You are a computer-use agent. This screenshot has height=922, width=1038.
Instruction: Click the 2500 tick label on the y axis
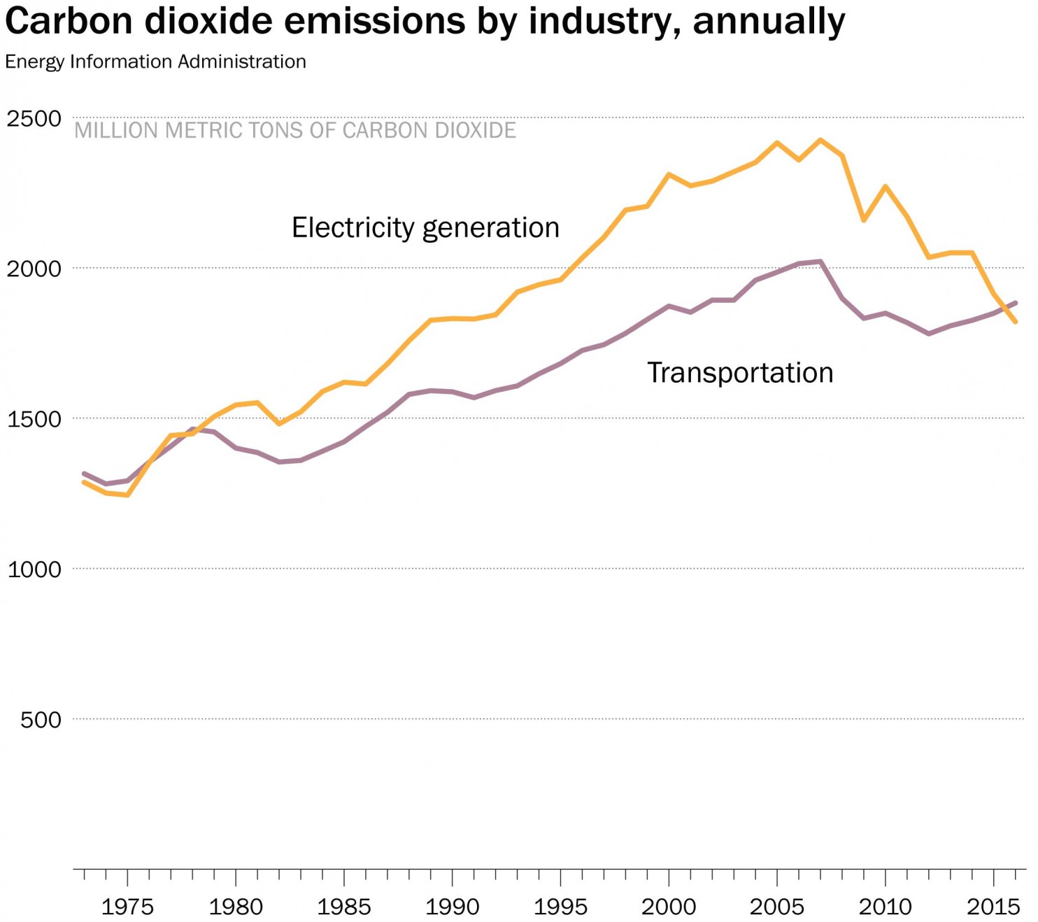click(x=34, y=119)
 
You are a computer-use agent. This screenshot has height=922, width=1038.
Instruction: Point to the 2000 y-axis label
click(x=34, y=269)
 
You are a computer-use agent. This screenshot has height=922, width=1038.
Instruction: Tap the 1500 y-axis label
click(x=34, y=420)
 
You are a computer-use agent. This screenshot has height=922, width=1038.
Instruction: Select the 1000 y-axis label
click(x=34, y=569)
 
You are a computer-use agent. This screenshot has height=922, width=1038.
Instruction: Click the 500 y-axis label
click(x=41, y=720)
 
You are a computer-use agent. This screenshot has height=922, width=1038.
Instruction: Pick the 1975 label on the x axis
click(x=127, y=907)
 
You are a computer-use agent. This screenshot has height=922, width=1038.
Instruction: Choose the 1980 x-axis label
click(x=236, y=907)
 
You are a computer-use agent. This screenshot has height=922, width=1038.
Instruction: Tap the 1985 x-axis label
click(x=344, y=907)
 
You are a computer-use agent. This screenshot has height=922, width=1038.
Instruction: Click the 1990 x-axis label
click(x=453, y=907)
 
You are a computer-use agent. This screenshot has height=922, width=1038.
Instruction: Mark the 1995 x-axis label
click(x=560, y=907)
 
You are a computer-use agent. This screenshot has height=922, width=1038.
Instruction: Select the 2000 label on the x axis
click(x=669, y=907)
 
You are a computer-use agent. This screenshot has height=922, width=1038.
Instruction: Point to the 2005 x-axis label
click(x=777, y=907)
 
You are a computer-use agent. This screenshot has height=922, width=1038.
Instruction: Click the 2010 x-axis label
click(x=886, y=907)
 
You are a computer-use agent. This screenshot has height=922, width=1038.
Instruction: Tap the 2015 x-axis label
click(x=993, y=907)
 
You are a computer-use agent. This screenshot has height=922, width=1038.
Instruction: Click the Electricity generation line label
click(x=425, y=228)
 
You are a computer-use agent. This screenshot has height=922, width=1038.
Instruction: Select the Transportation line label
click(x=740, y=373)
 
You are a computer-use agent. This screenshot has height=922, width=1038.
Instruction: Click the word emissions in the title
click(x=375, y=21)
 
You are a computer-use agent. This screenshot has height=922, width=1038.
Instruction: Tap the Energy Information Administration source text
click(x=155, y=62)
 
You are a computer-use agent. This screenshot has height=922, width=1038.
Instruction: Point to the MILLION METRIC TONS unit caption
click(x=295, y=131)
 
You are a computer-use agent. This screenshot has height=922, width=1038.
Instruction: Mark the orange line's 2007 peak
click(x=820, y=140)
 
